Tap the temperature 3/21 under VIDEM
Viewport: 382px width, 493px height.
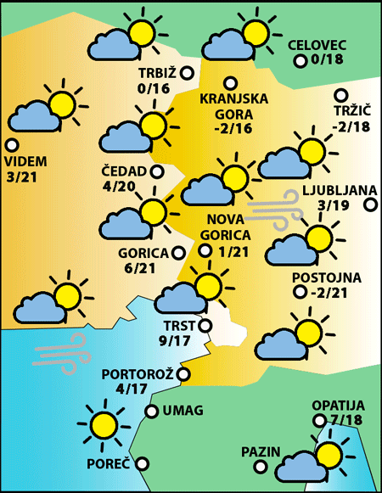pos(23,176)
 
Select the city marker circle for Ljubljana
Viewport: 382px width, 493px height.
pos(370,204)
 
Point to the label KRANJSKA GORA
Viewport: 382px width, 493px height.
pos(233,105)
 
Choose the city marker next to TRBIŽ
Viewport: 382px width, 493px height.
pos(186,73)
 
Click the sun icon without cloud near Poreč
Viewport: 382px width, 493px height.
pos(104,424)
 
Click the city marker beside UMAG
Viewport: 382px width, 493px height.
pos(151,412)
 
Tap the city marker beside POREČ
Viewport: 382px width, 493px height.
pos(142,463)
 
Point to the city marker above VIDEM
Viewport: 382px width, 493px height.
pos(12,144)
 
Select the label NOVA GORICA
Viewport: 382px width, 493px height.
pos(229,229)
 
